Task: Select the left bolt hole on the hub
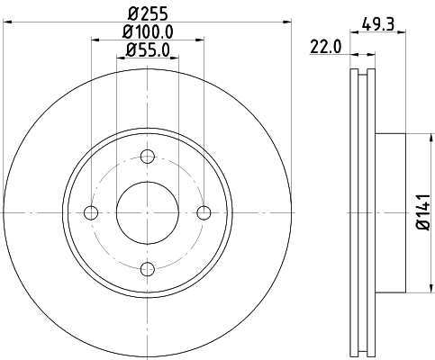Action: click(x=90, y=212)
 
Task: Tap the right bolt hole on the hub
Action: click(x=204, y=212)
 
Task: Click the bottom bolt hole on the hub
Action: click(x=148, y=268)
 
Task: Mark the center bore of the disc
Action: click(x=148, y=212)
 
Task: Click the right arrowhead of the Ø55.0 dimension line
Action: click(x=177, y=57)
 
